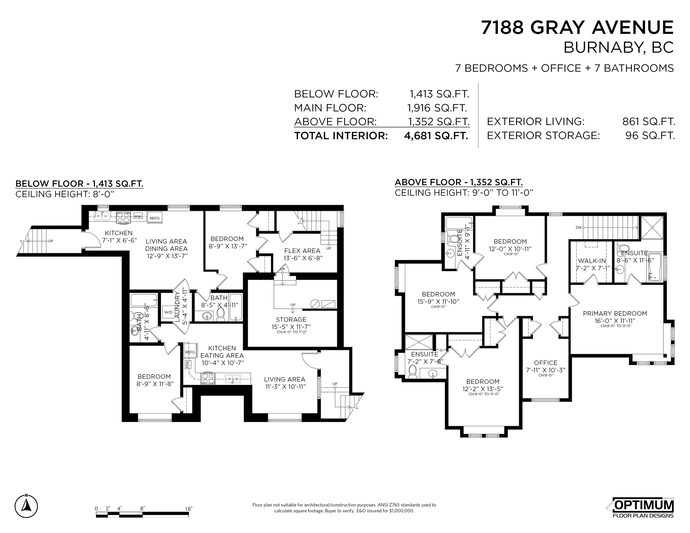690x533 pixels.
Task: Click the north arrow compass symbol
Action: tap(26, 505)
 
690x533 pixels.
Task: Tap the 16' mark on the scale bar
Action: tap(189, 509)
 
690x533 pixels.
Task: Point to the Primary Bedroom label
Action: tap(615, 313)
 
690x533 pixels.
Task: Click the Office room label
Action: tap(546, 363)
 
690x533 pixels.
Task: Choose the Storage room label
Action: tap(291, 319)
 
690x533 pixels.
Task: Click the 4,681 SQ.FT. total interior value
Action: tap(436, 136)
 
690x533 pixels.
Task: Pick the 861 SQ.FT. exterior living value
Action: tap(649, 121)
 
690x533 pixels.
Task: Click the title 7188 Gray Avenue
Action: tap(578, 28)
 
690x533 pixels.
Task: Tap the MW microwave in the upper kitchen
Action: tap(138, 216)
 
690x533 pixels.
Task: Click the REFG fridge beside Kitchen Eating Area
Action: tap(190, 352)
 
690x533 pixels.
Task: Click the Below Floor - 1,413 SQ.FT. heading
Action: tap(79, 184)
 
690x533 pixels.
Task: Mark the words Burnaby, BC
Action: tap(619, 48)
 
